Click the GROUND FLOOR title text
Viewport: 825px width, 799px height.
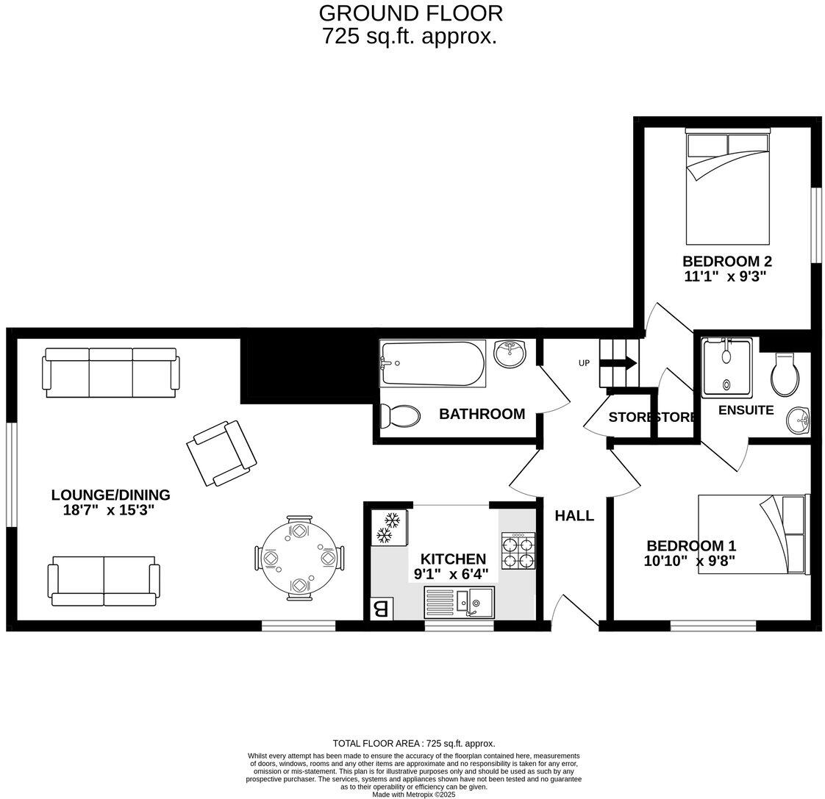tap(410, 13)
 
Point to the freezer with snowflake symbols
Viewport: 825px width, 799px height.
tap(387, 528)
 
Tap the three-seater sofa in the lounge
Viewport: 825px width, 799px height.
tap(111, 372)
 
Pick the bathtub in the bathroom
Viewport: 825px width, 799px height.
tap(432, 363)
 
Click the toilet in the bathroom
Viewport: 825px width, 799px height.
tap(400, 417)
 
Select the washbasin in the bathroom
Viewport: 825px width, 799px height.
tap(510, 354)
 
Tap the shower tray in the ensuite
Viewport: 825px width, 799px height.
tap(726, 367)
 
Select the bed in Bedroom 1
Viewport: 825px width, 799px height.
tap(753, 534)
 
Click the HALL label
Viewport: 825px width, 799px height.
tap(574, 516)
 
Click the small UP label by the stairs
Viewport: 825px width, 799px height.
tap(585, 363)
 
